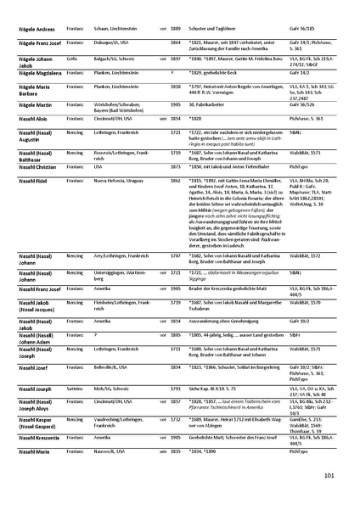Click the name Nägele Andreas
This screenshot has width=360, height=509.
point(33,28)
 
